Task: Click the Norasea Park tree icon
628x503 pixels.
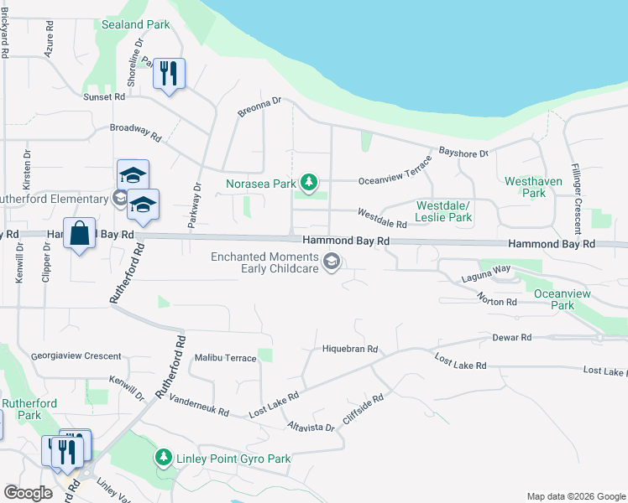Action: [310, 181]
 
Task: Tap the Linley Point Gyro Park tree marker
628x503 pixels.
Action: [162, 459]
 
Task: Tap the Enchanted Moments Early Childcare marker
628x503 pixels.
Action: [332, 262]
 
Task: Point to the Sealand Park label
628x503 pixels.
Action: [135, 25]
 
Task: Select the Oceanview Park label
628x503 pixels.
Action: [551, 299]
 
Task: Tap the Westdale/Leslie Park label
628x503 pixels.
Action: [444, 211]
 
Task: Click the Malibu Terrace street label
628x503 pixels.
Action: [225, 358]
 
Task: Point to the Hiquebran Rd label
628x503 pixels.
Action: [351, 349]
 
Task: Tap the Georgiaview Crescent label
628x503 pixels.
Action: [76, 356]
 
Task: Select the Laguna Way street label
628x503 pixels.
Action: [486, 268]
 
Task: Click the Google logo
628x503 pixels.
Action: [29, 493]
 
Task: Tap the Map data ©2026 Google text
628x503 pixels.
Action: [575, 496]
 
